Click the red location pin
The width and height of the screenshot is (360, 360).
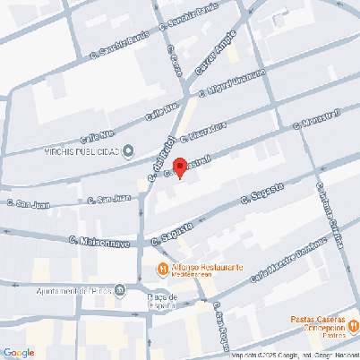(x=179, y=167)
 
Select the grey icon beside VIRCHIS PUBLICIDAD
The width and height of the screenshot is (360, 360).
(x=128, y=150)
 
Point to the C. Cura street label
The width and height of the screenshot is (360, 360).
(x=175, y=60)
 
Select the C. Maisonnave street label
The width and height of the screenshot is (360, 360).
(x=100, y=242)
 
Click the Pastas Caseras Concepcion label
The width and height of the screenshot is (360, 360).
(x=318, y=322)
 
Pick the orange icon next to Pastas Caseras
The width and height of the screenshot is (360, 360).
(x=354, y=325)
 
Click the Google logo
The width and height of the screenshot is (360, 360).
(x=18, y=352)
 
